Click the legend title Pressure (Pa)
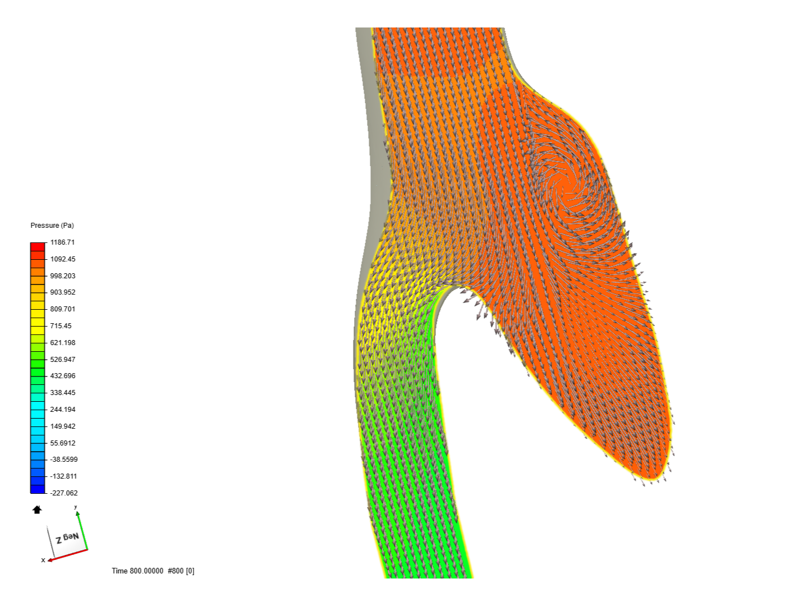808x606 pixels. (52, 225)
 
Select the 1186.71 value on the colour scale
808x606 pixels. (62, 242)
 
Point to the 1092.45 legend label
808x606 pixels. (62, 259)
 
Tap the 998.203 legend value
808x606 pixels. (62, 276)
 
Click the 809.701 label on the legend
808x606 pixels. (62, 309)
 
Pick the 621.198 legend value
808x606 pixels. (62, 343)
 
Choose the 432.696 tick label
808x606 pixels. (62, 376)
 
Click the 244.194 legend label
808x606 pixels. (62, 410)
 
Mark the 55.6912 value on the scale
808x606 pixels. (62, 443)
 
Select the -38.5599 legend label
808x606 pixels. (63, 460)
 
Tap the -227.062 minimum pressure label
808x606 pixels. (63, 493)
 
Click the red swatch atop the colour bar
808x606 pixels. (38, 247)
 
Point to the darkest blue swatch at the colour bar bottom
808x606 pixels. (38, 489)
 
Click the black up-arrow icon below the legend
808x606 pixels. (37, 509)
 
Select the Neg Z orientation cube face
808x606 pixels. (67, 538)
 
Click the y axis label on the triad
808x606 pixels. (76, 507)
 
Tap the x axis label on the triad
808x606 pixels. (43, 560)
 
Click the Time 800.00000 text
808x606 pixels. (137, 571)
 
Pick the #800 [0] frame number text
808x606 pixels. (181, 571)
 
